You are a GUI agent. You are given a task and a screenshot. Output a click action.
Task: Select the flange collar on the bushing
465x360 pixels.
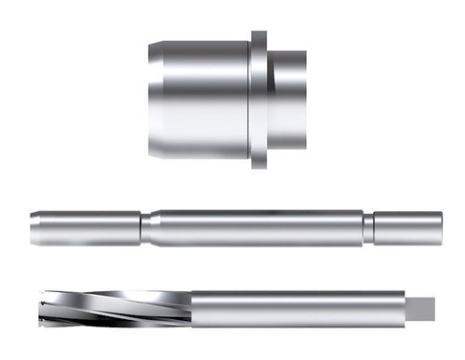tap(259, 100)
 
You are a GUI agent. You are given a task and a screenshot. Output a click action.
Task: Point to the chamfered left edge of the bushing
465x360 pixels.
tap(151, 98)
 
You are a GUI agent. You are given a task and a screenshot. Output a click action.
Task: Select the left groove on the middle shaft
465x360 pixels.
tap(146, 229)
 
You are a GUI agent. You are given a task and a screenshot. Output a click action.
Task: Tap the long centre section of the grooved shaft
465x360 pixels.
tap(256, 229)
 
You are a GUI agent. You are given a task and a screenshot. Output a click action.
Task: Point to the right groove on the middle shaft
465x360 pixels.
tap(368, 229)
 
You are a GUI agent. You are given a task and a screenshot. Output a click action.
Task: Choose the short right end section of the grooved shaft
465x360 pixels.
tap(407, 229)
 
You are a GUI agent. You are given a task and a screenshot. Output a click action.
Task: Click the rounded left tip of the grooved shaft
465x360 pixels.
tap(33, 229)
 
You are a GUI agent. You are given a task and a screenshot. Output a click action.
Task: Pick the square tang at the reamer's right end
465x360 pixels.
tap(423, 307)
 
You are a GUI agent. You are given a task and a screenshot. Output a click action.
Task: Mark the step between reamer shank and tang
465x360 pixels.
tap(405, 307)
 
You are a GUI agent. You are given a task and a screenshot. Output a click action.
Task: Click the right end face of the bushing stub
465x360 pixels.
tap(306, 98)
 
